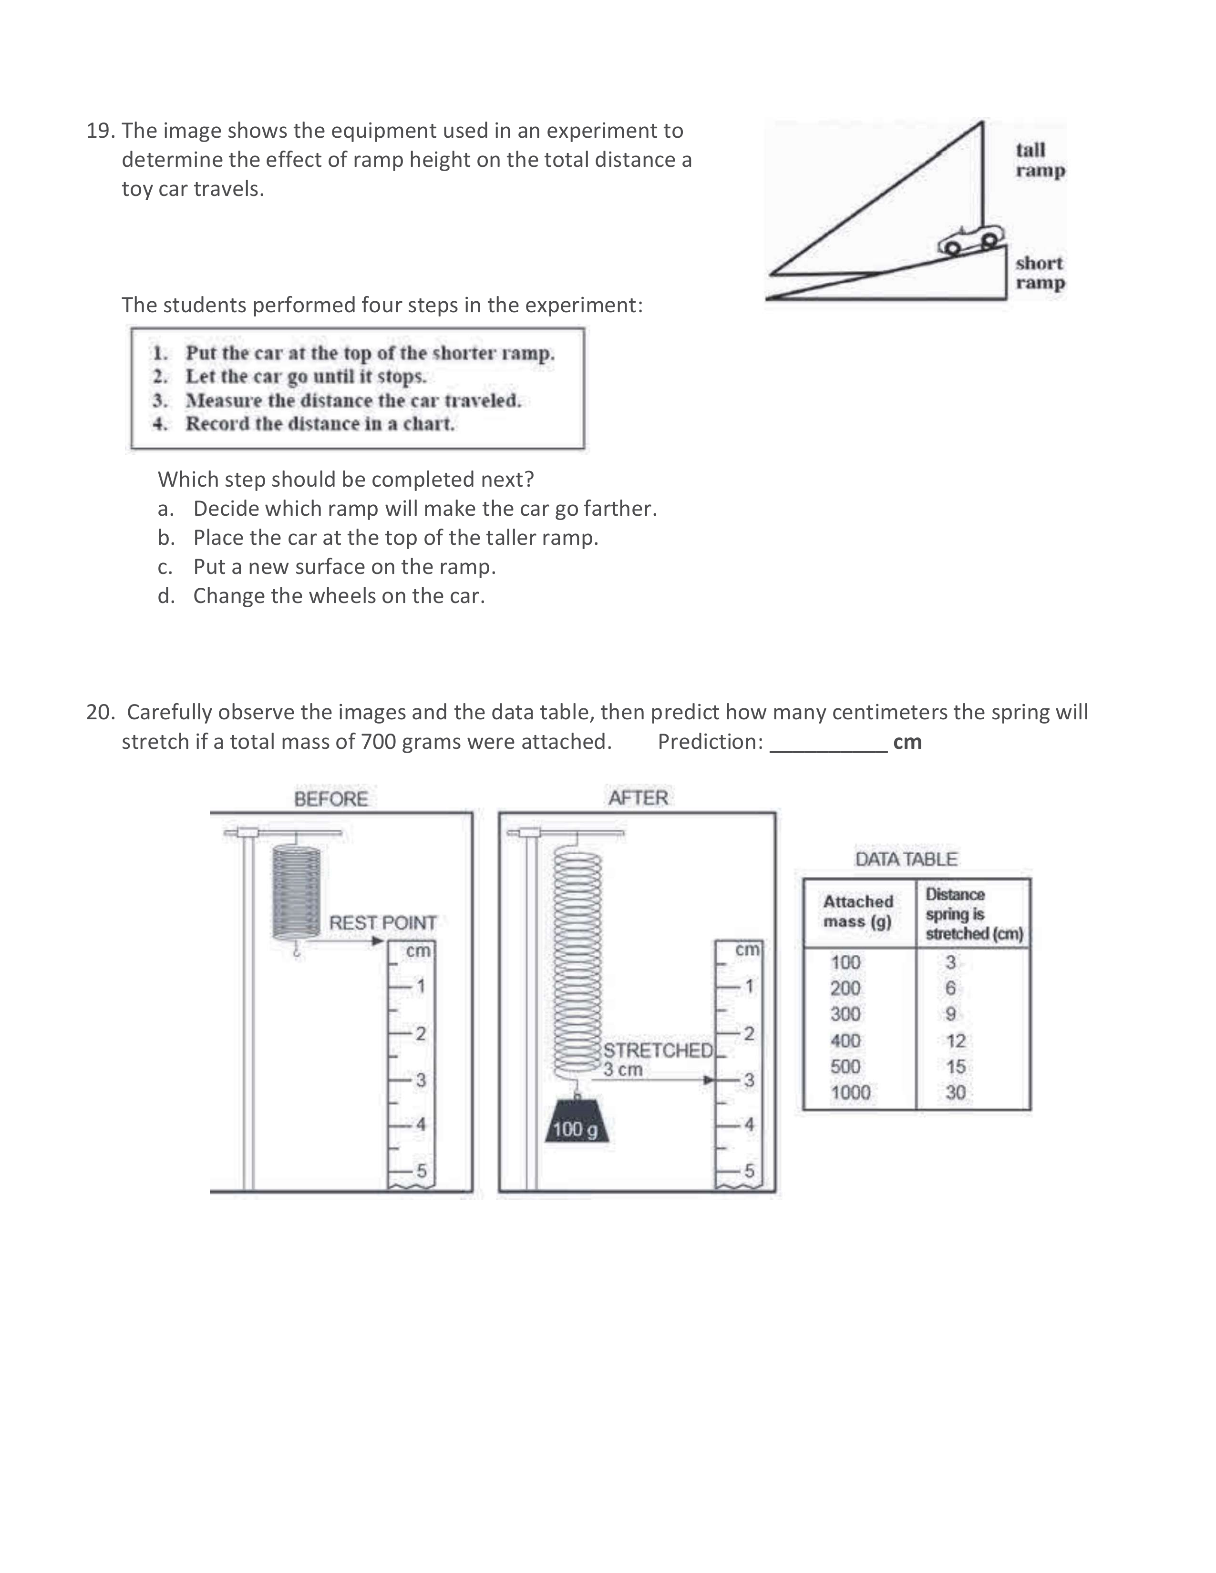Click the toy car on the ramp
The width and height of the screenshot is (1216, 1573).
point(971,240)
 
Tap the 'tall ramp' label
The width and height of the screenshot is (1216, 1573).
point(1040,160)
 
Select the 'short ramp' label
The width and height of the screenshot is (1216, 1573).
point(1040,273)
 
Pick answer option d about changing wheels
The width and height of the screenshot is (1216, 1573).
point(339,596)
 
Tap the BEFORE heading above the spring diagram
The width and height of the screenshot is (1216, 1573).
point(330,799)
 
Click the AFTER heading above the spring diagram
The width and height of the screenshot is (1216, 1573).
point(638,798)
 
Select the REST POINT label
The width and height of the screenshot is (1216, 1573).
point(382,923)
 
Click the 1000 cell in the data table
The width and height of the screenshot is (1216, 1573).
point(850,1093)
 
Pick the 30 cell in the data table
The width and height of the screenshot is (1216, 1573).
point(955,1093)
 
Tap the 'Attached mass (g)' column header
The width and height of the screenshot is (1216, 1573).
point(857,912)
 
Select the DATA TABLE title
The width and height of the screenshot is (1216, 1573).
point(906,859)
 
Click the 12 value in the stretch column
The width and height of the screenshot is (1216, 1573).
point(955,1041)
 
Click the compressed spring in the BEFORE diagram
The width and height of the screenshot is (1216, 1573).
point(296,893)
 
